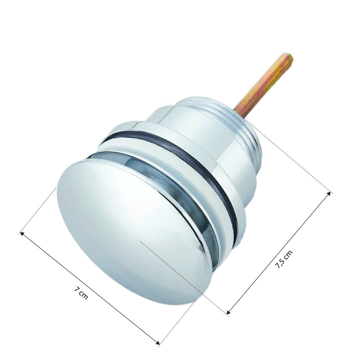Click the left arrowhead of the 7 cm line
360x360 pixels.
pyautogui.click(x=22, y=233)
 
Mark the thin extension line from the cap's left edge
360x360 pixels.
pyautogui.click(x=38, y=210)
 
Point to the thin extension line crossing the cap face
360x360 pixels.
pyautogui.click(x=183, y=277)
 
